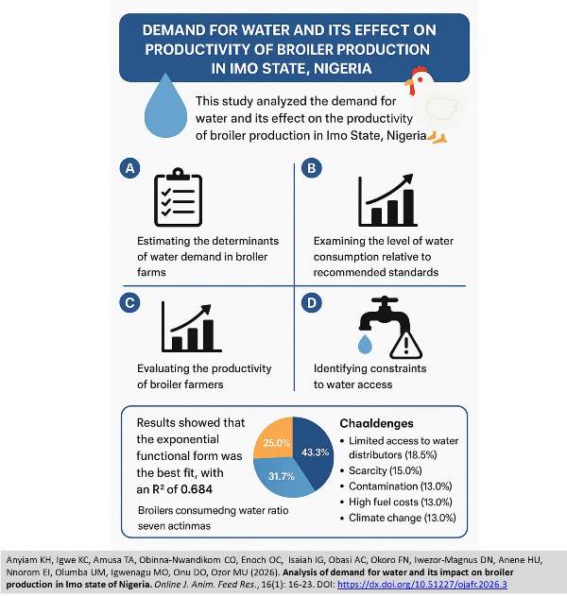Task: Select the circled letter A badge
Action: click(130, 168)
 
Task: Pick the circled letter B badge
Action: click(309, 168)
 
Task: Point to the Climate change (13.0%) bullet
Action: click(403, 517)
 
